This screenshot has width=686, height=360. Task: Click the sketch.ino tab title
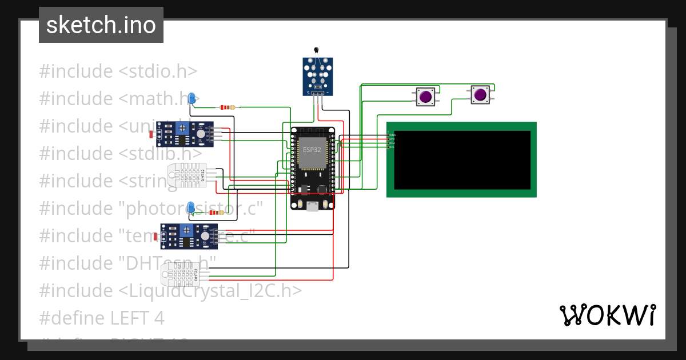(x=101, y=25)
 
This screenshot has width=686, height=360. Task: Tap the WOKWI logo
(x=607, y=315)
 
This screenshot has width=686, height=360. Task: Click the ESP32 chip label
(x=312, y=150)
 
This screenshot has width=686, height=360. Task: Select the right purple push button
(x=480, y=95)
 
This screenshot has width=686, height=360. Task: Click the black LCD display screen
(x=462, y=160)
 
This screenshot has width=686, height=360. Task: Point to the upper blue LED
(x=193, y=98)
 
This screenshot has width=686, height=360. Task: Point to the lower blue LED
(x=191, y=207)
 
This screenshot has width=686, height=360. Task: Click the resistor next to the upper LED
(x=228, y=107)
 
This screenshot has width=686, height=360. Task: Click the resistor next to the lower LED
(x=216, y=213)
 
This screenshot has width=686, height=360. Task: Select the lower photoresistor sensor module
(x=189, y=236)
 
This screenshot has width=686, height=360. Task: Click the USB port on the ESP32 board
(x=312, y=206)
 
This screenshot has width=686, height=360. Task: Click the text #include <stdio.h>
(x=118, y=71)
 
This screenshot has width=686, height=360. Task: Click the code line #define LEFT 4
(x=102, y=318)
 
